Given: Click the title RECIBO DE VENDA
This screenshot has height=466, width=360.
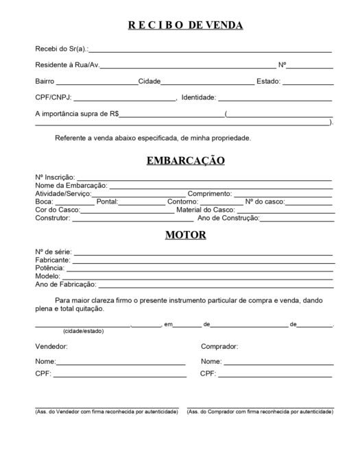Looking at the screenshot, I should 185,25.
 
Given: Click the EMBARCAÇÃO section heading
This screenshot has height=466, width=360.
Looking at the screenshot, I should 185,161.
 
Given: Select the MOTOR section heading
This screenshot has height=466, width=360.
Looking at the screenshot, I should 185,235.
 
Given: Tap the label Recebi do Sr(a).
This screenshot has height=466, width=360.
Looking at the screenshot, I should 61,49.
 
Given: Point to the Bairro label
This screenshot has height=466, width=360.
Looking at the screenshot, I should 45,82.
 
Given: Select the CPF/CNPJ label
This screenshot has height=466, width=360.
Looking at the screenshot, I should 53,97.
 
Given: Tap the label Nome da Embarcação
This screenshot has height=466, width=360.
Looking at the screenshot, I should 71,186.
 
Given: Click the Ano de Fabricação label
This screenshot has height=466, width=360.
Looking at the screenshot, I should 66,284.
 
